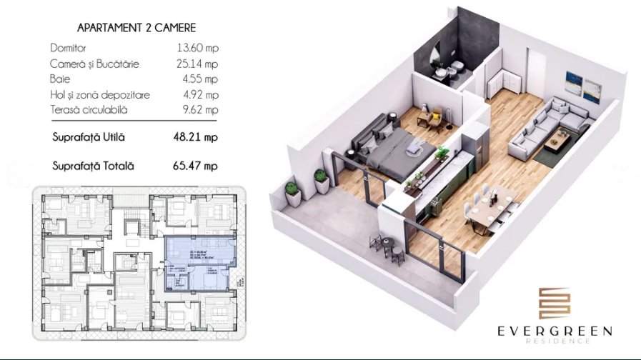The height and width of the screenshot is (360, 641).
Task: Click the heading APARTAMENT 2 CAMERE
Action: [x=136, y=28]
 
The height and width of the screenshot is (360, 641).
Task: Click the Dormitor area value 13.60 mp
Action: [x=197, y=49]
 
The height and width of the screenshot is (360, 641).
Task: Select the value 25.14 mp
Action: [x=197, y=64]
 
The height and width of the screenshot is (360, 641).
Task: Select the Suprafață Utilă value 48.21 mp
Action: [x=197, y=137]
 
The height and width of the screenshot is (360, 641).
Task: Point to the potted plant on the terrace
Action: [x=293, y=193]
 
